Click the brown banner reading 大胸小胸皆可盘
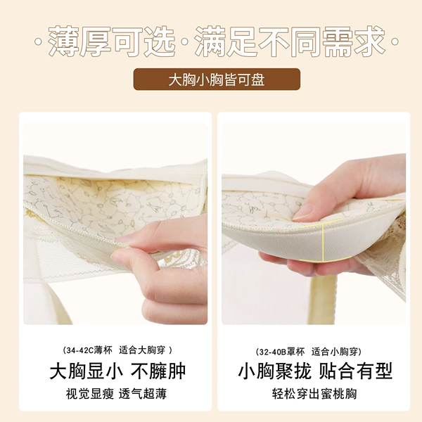pos(217,79)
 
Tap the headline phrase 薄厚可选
pos(112,41)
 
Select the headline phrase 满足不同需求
pos(290,41)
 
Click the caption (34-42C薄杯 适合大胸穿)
pos(117,350)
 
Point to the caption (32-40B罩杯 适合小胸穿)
pos(309,352)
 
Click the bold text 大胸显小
pos(87,371)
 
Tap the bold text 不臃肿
pos(158,371)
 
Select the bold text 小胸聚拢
pos(275,371)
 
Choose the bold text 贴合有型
pos(355,371)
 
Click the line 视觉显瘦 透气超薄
pos(116,394)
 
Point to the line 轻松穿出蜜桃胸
pos(314,394)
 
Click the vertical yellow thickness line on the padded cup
pos(323,242)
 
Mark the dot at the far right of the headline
pos(395,42)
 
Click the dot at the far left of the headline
pos(38,42)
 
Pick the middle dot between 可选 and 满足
pos(185,42)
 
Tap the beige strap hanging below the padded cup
pos(323,299)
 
